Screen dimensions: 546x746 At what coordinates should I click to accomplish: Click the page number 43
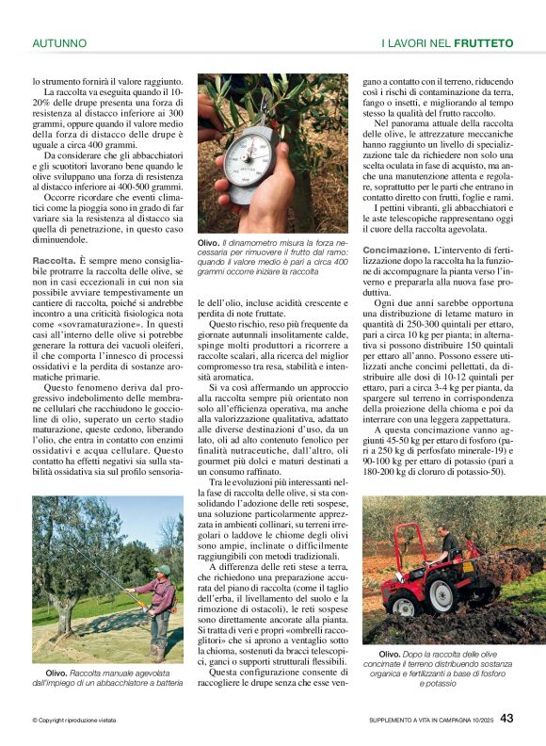click(506, 719)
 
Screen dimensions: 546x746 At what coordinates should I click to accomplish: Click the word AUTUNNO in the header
click(59, 43)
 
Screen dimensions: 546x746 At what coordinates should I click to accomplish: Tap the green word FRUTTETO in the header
click(483, 43)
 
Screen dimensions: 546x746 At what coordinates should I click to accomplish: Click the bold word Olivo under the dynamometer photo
click(209, 242)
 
